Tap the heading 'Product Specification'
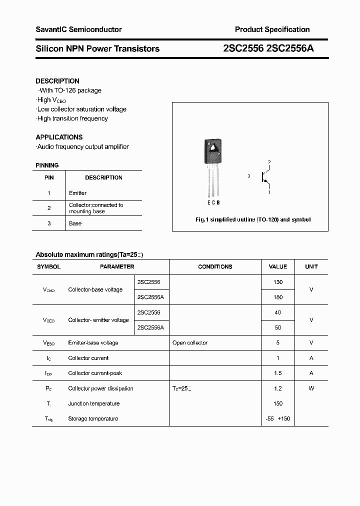coord(272,29)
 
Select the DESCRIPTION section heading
coord(57,81)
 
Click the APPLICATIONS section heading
coord(59,137)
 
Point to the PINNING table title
coord(47,165)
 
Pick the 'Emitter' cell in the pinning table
coord(78,193)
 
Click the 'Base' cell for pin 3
coord(75,223)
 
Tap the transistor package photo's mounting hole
coord(212,147)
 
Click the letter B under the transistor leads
coord(218,202)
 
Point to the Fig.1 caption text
coord(252,220)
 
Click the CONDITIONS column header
coord(215,267)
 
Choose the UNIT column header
coord(311,267)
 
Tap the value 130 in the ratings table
coord(278,282)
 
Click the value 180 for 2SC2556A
coord(278,297)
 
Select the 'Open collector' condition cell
coord(190,343)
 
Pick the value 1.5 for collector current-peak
coord(278,373)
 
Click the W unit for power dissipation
coord(311,388)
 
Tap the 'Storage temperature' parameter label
coord(93,418)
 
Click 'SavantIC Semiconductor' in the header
coord(78,29)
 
